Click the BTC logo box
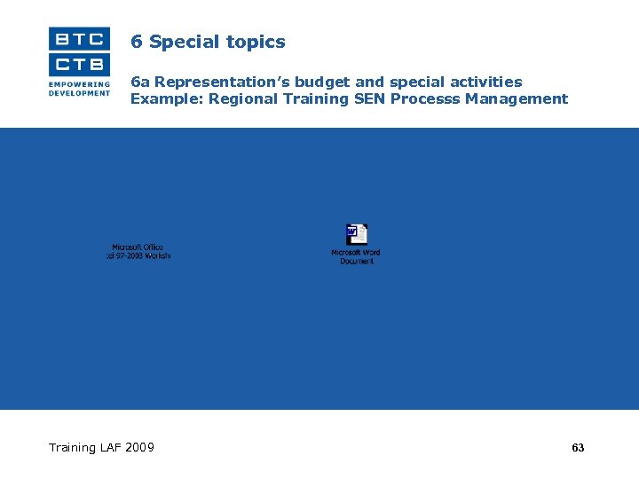click(80, 38)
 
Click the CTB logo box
click(80, 64)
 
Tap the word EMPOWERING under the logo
click(80, 84)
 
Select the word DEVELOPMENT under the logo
click(80, 92)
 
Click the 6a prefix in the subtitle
click(140, 82)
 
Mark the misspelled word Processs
click(425, 98)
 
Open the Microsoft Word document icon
click(356, 234)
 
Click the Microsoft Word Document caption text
click(356, 256)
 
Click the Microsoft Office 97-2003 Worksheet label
click(138, 251)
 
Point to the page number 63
click(578, 448)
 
